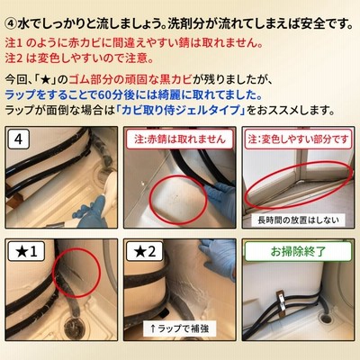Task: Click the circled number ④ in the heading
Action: click(11, 24)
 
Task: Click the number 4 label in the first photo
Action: click(18, 139)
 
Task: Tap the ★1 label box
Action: click(26, 251)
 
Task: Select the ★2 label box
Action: click(145, 251)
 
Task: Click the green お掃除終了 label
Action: click(298, 251)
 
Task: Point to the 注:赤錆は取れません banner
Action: click(180, 139)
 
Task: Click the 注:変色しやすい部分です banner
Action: click(299, 139)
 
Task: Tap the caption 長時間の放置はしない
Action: click(299, 220)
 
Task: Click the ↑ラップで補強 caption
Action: click(179, 328)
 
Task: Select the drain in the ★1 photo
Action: click(72, 327)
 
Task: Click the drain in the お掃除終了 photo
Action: click(326, 319)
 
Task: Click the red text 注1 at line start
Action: click(13, 43)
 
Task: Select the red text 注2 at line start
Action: click(13, 58)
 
